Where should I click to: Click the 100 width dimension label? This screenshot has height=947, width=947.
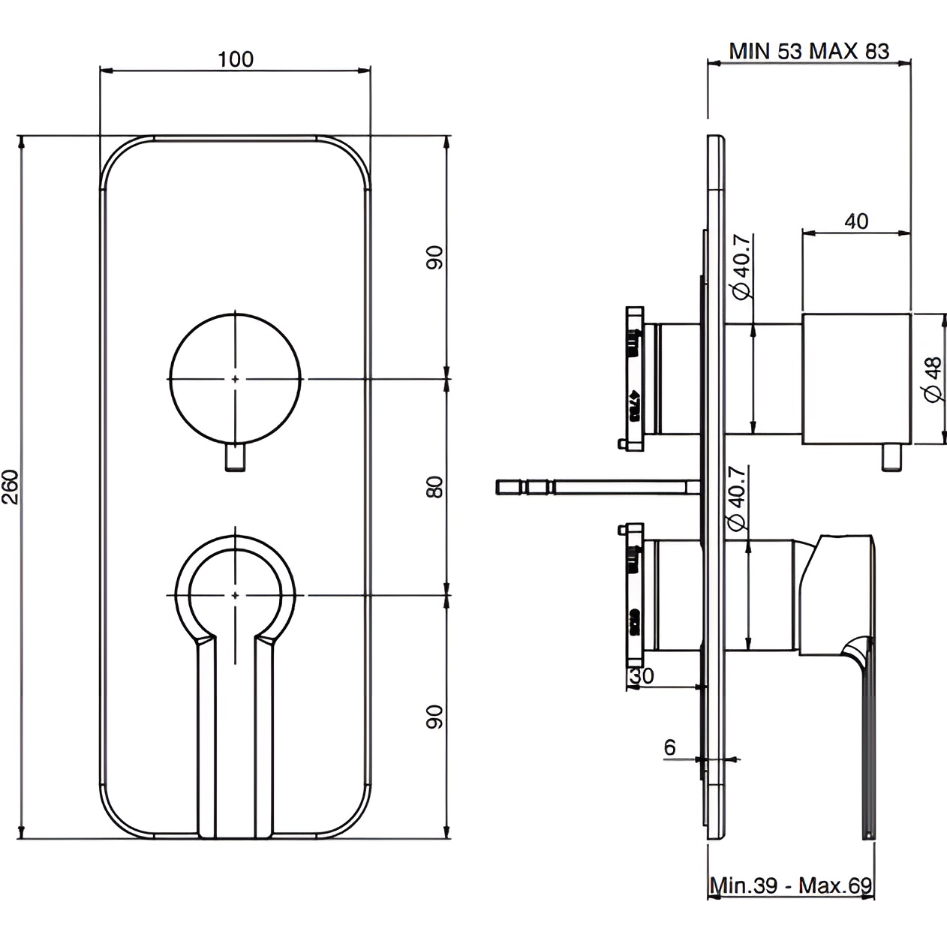[236, 59]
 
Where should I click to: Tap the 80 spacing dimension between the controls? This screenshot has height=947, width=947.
[434, 487]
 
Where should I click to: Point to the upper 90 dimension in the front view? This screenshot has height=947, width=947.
[434, 257]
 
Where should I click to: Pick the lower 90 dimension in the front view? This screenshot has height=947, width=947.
[434, 717]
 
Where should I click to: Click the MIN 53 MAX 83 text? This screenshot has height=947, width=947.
[809, 50]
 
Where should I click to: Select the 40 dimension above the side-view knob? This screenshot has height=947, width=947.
[856, 221]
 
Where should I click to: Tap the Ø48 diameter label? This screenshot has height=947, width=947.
[933, 379]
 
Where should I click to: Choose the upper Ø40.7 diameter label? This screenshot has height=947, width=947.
[738, 267]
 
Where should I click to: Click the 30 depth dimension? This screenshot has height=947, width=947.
[641, 675]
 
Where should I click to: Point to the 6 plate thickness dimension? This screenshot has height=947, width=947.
[670, 747]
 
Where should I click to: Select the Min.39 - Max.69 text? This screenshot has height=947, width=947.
[791, 885]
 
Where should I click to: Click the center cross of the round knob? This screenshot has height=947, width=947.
[236, 378]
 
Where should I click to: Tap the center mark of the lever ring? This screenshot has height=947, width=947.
[236, 595]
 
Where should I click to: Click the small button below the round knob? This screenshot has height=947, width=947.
[236, 458]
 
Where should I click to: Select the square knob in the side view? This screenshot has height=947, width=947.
[856, 379]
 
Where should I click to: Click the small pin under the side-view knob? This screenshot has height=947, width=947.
[891, 458]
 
